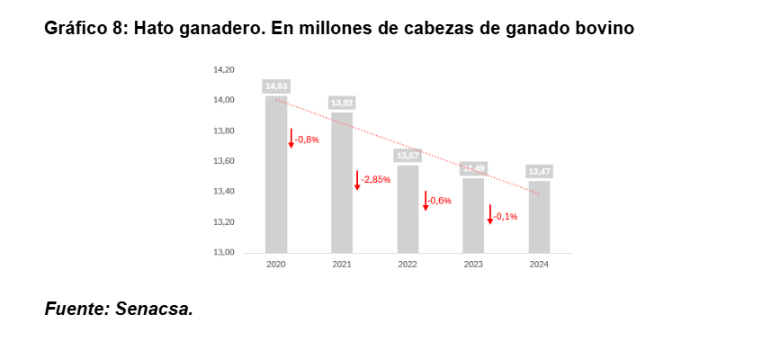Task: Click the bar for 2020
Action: pos(276,175)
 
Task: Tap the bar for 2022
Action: pos(408,209)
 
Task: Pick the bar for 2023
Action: pos(473,215)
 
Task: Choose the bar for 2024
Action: pos(539,217)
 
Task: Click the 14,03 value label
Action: pos(276,86)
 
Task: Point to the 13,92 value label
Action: pos(342,103)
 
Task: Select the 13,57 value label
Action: pos(408,156)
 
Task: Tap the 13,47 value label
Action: pos(539,171)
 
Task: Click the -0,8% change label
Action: pos(308,139)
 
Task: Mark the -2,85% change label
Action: pos(375,179)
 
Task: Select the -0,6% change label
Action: pos(440,201)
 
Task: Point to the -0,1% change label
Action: pos(506,216)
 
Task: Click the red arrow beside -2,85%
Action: pos(357,180)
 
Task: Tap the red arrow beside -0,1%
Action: pos(490,215)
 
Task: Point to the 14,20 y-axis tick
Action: pos(223,69)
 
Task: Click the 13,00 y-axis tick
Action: pos(223,253)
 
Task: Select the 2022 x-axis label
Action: pos(408,265)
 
